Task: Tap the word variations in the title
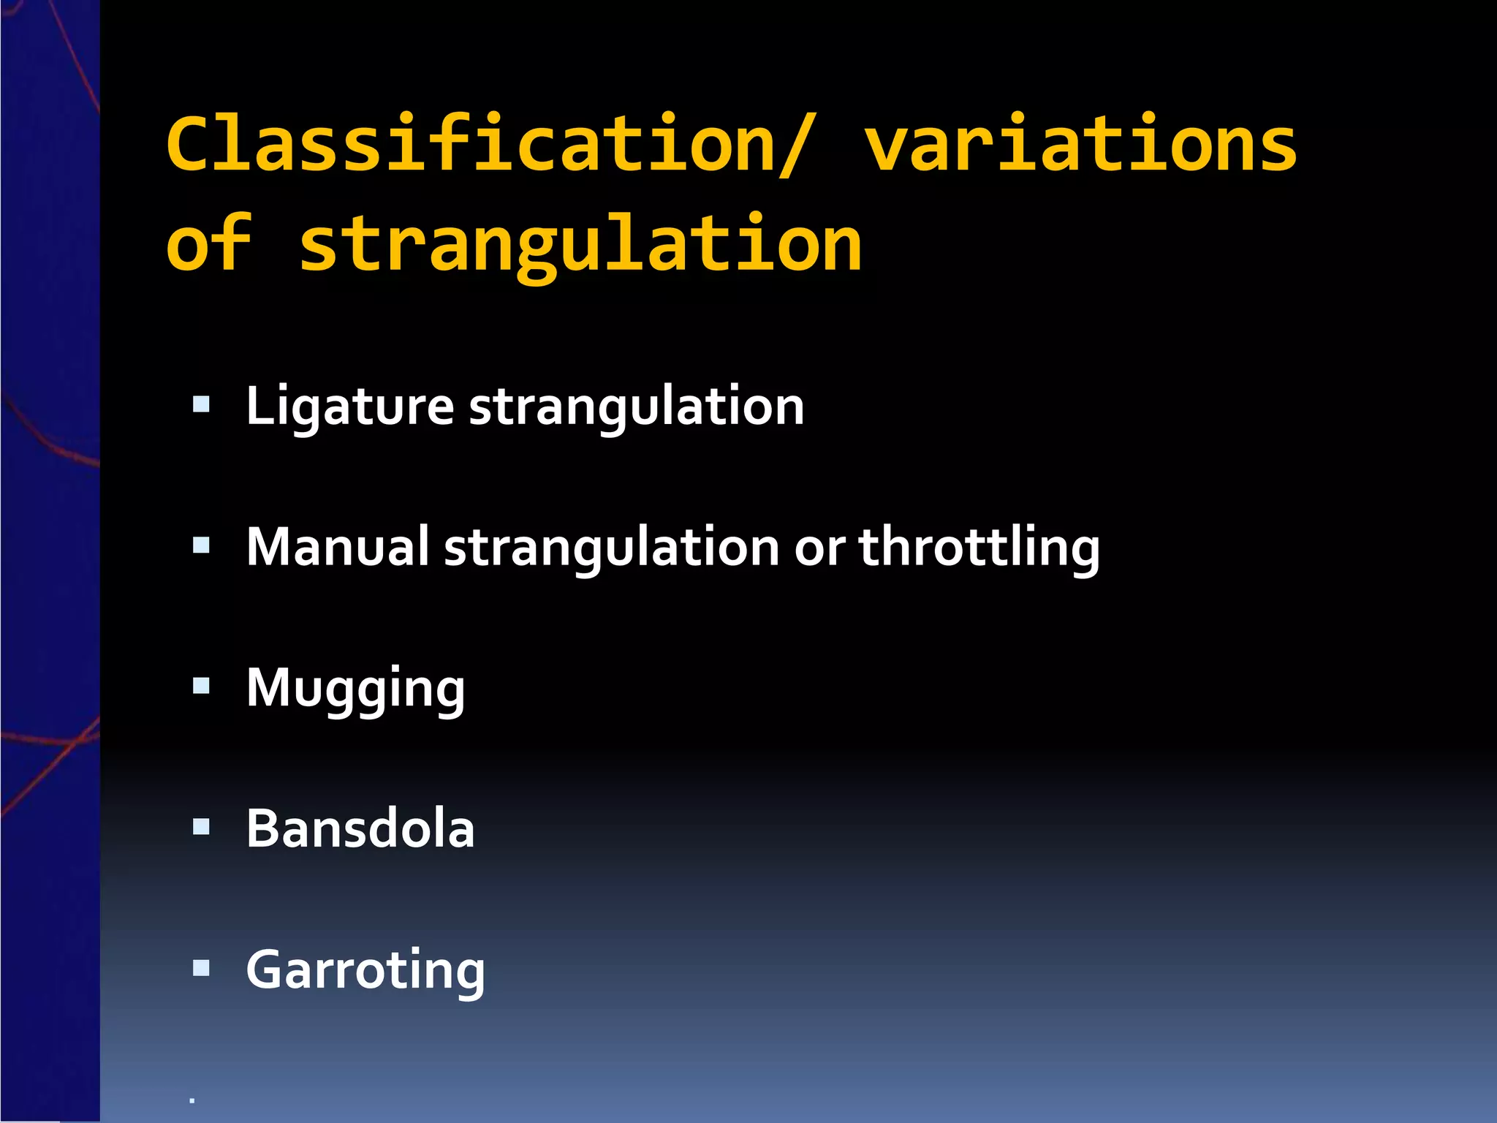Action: click(1081, 145)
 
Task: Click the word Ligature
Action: click(349, 407)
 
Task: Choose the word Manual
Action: click(338, 547)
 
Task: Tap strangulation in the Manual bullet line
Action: click(612, 548)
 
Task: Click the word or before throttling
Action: click(819, 548)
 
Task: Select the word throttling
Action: click(979, 548)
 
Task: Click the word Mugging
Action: click(355, 689)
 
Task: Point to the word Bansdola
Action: click(360, 829)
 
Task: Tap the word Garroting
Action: click(365, 970)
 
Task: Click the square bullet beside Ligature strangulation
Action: click(201, 404)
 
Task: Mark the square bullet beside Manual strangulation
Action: click(201, 545)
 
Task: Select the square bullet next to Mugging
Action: click(201, 686)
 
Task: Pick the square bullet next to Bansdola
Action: click(201, 827)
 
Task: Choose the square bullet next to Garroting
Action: click(201, 968)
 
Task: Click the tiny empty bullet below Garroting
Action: click(192, 1100)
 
